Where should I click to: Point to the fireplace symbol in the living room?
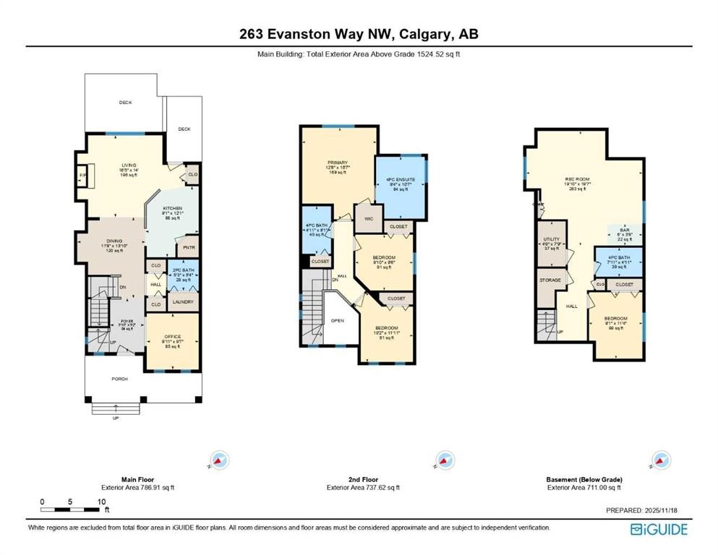(x=84, y=176)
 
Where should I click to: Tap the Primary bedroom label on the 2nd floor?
(x=338, y=166)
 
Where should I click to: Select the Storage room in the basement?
(x=551, y=280)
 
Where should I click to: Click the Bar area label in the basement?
(x=623, y=232)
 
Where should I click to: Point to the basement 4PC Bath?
(x=617, y=262)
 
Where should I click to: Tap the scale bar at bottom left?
(x=72, y=509)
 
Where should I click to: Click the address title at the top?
(x=359, y=34)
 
